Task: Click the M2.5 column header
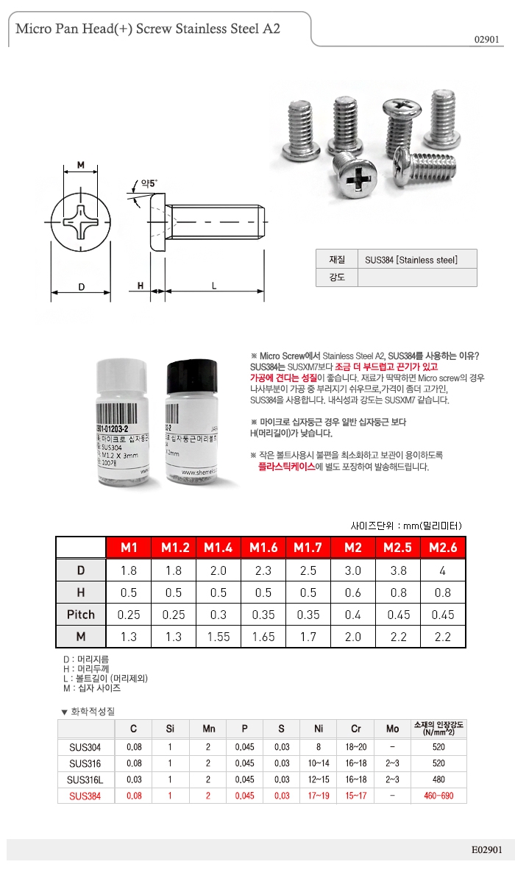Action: click(398, 548)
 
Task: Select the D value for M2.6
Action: click(443, 570)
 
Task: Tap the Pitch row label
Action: click(81, 615)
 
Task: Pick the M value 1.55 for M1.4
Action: click(219, 637)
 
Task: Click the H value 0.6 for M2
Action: click(353, 593)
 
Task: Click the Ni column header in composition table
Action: click(319, 729)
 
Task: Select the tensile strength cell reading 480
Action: click(438, 779)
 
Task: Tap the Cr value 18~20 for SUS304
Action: click(356, 747)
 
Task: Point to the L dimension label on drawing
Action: click(213, 286)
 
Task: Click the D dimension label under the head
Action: click(81, 286)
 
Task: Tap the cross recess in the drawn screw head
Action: click(81, 221)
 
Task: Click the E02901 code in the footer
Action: click(486, 849)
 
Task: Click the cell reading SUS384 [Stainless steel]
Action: click(411, 259)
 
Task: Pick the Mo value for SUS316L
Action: click(393, 779)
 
